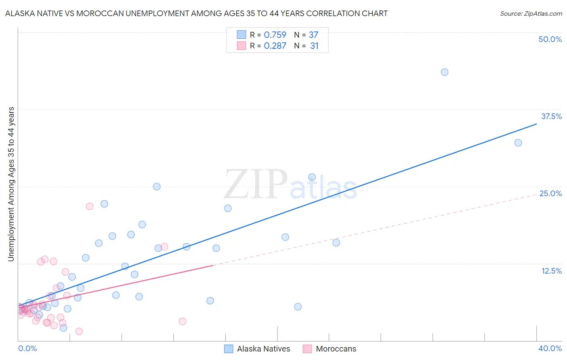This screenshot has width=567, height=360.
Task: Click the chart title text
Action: click(x=196, y=13)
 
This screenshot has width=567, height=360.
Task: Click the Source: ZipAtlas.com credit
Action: click(x=531, y=14)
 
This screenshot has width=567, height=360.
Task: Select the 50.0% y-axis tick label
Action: click(x=550, y=39)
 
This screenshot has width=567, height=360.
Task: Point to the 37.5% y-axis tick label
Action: click(x=551, y=116)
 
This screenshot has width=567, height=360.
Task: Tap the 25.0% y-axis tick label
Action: click(x=550, y=193)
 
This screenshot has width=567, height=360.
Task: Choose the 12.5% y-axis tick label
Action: click(x=551, y=271)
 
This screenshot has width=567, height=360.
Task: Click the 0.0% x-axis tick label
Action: click(x=27, y=348)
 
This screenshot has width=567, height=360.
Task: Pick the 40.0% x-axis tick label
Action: click(x=550, y=348)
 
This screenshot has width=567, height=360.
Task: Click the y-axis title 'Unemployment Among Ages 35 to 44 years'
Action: click(x=11, y=184)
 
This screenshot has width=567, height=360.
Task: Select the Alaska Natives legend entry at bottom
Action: click(x=263, y=349)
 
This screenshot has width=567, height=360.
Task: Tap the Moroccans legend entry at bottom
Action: click(x=336, y=349)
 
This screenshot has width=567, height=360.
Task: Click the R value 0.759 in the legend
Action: click(x=275, y=35)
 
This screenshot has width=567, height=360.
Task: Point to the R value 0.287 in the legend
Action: click(x=275, y=46)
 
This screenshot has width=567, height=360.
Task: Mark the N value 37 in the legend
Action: click(x=313, y=35)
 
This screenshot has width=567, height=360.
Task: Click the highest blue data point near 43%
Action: click(x=444, y=72)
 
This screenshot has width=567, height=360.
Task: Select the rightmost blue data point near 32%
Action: click(x=518, y=143)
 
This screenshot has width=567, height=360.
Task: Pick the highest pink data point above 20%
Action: click(x=90, y=206)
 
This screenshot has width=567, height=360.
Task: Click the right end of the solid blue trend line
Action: click(x=536, y=124)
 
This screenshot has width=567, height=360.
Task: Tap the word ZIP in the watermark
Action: click(x=256, y=185)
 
